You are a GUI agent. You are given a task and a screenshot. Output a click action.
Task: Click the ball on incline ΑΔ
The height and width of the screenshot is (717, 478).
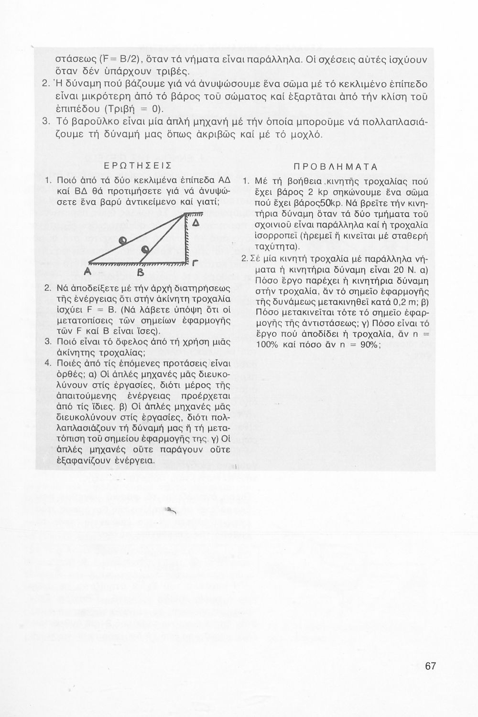[123, 239]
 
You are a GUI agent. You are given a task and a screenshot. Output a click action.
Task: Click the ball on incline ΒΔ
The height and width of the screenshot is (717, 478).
[144, 248]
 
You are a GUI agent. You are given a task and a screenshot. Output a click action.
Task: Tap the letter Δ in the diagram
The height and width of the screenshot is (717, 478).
[195, 224]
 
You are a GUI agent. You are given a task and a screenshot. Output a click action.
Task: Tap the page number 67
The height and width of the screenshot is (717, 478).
[430, 666]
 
